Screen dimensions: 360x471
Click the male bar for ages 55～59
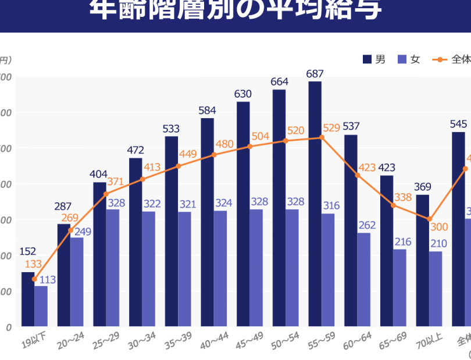coord(315,204)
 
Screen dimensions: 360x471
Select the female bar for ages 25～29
coord(112,268)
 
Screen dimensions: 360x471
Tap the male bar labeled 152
coord(28,299)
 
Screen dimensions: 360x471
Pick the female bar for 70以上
coord(436,288)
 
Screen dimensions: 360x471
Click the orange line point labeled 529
coord(321,138)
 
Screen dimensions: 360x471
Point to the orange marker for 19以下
coord(34,279)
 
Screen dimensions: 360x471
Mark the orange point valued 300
coord(429,219)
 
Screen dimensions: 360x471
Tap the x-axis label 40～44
coord(212,341)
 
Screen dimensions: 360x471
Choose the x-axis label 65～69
coord(391,341)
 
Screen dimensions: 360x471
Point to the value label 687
coord(315,74)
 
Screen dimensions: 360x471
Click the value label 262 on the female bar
coord(367,225)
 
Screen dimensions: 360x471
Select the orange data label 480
coord(224,144)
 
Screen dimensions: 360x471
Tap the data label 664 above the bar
coord(279,82)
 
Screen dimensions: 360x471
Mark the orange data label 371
coord(115,181)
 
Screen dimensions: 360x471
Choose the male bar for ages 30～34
coord(135,242)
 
